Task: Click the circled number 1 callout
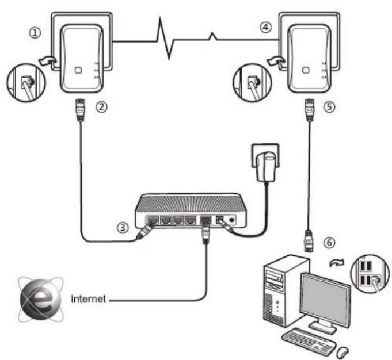[x=35, y=33]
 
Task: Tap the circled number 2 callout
[x=101, y=107]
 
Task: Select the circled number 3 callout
[x=123, y=228]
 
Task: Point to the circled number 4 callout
[x=265, y=27]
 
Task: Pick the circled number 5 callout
[x=329, y=106]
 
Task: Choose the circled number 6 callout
[x=329, y=243]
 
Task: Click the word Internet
[x=88, y=299]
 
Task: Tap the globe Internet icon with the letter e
[x=40, y=299]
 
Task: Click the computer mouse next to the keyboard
[x=342, y=353]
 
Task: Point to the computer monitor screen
[x=325, y=300]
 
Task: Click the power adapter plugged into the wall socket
[x=266, y=166]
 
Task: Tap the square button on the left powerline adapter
[x=78, y=70]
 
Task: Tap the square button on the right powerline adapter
[x=306, y=70]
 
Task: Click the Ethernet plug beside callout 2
[x=80, y=110]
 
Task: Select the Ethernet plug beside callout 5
[x=310, y=110]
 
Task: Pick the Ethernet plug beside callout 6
[x=309, y=242]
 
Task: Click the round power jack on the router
[x=232, y=220]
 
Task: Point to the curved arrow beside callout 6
[x=337, y=263]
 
